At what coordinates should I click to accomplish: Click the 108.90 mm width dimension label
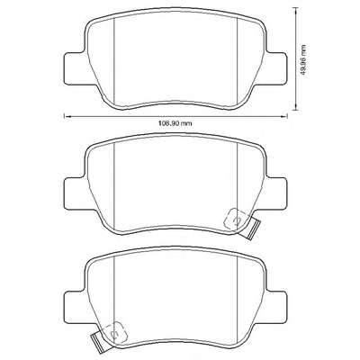(x=175, y=123)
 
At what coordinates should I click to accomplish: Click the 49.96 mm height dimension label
(x=303, y=60)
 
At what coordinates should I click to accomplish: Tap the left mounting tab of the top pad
(x=75, y=68)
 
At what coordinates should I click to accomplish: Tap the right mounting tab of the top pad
(x=276, y=68)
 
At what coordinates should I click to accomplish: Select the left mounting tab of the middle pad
(x=75, y=193)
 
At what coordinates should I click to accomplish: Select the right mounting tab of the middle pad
(x=276, y=193)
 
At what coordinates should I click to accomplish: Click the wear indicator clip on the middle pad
(x=251, y=229)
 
